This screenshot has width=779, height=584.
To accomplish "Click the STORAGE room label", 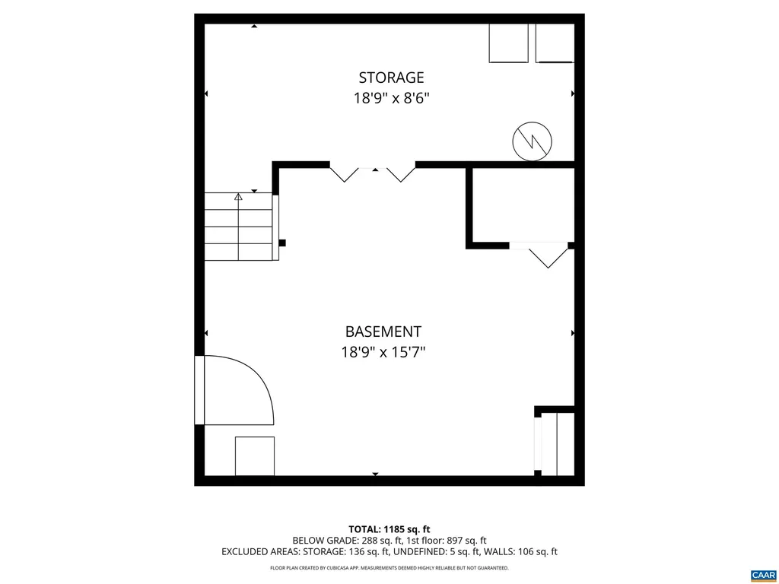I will pyautogui.click(x=391, y=78).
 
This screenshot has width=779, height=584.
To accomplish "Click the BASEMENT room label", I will pyautogui.click(x=383, y=332).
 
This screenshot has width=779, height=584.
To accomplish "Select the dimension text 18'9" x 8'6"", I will pyautogui.click(x=391, y=98).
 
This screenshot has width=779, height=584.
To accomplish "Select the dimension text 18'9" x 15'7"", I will pyautogui.click(x=383, y=352).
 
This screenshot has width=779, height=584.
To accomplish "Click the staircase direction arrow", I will pyautogui.click(x=238, y=197).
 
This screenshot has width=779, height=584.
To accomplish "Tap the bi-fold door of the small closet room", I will pyautogui.click(x=548, y=255).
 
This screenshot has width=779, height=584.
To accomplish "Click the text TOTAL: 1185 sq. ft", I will pyautogui.click(x=389, y=528).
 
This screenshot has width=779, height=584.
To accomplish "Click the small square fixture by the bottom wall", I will pyautogui.click(x=254, y=456).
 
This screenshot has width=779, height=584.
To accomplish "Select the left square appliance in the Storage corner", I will pyautogui.click(x=508, y=43).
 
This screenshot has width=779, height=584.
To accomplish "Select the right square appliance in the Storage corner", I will pyautogui.click(x=555, y=43).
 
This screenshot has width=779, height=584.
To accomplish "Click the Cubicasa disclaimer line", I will pyautogui.click(x=389, y=568).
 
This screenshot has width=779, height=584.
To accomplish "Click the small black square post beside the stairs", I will pyautogui.click(x=282, y=243).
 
